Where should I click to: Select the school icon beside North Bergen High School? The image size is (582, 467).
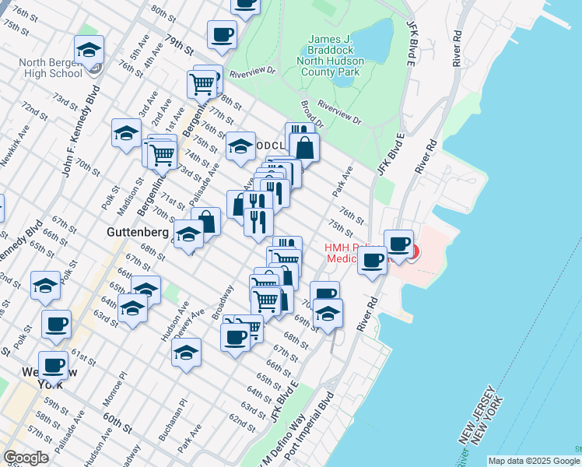pyautogui.click(x=89, y=51)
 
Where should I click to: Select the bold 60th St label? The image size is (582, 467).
pyautogui.click(x=117, y=423)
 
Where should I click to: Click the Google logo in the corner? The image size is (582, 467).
pyautogui.click(x=26, y=458)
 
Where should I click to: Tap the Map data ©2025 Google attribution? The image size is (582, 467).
pyautogui.click(x=534, y=461)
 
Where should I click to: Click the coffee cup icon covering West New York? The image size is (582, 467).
pyautogui.click(x=54, y=365)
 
